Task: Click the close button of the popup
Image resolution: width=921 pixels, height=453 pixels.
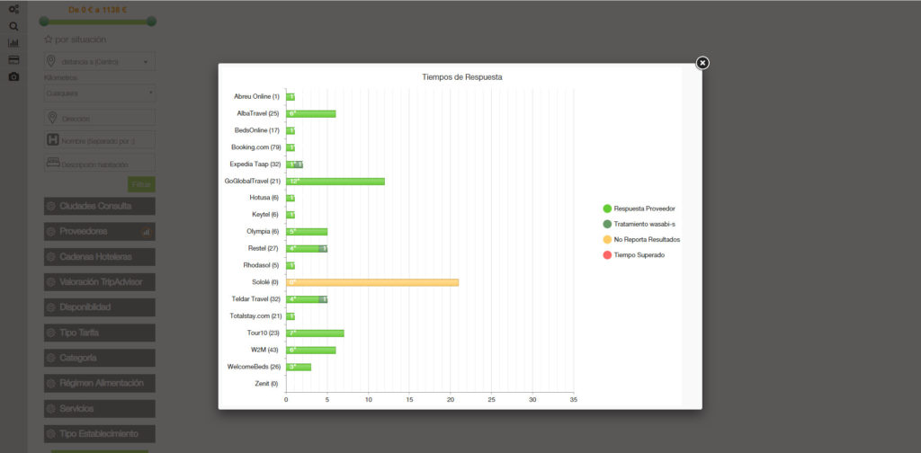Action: (x=702, y=63)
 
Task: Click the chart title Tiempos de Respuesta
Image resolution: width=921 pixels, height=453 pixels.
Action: (x=461, y=77)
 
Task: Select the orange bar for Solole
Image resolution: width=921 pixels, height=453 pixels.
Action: (x=372, y=282)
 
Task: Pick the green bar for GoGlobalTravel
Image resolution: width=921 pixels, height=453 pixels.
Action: (x=335, y=181)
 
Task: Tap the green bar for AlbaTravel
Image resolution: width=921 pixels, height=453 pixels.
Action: (x=311, y=113)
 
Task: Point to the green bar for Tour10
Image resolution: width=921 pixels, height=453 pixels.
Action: (x=315, y=333)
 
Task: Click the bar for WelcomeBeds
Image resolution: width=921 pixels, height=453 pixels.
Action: (x=299, y=367)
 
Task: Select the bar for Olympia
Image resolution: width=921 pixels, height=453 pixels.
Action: (x=307, y=232)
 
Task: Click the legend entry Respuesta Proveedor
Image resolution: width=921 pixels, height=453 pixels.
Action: (x=644, y=209)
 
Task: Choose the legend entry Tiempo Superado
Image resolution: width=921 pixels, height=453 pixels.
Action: (x=639, y=255)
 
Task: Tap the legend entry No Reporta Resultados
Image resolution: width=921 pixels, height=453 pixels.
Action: (x=647, y=240)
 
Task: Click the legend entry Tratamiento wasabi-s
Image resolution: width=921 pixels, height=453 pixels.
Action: (x=644, y=224)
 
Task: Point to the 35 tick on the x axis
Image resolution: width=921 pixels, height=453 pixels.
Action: (x=573, y=399)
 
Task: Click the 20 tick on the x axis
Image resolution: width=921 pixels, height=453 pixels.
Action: (x=450, y=399)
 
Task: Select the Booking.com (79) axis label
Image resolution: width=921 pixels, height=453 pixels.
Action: (x=256, y=147)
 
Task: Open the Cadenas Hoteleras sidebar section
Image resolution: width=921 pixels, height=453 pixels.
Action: (x=99, y=257)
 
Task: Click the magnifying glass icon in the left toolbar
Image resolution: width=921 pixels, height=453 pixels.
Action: (x=13, y=26)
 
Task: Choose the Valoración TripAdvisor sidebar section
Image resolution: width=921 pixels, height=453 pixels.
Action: (x=99, y=282)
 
